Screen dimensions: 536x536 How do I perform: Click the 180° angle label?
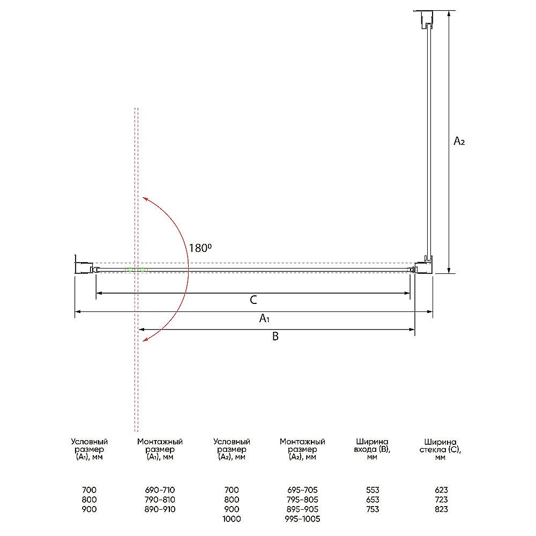(200, 248)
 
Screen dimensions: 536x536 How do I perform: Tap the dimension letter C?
(254, 300)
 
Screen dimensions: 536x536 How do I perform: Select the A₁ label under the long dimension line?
(264, 318)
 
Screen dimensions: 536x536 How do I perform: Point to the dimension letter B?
(275, 337)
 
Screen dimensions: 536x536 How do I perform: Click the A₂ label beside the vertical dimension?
(459, 141)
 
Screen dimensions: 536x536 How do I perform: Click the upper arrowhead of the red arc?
(145, 199)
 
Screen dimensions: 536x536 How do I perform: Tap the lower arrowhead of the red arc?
(145, 339)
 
